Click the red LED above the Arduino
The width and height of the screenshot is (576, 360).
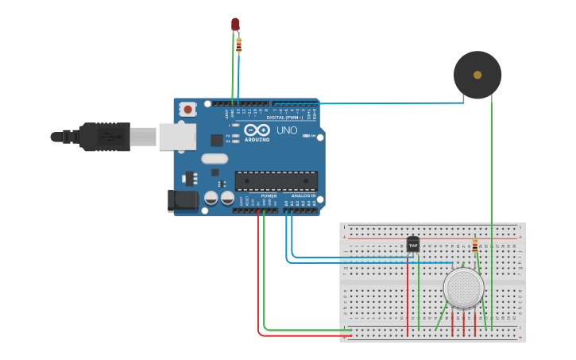click(x=235, y=24)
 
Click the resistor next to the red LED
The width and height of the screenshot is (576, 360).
click(x=239, y=45)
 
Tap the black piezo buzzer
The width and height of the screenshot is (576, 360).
click(x=477, y=75)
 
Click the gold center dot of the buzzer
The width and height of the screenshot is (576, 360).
click(x=477, y=75)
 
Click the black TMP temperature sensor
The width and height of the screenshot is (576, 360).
click(x=412, y=244)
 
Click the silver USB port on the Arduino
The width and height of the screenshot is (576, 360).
click(x=176, y=137)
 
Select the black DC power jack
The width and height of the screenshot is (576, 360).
click(x=182, y=200)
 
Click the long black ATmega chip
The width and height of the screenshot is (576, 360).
click(x=276, y=181)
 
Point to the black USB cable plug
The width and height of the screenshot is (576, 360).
click(x=104, y=137)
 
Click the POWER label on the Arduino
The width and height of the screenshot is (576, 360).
click(x=269, y=195)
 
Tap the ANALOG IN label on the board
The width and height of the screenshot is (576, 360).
click(x=303, y=195)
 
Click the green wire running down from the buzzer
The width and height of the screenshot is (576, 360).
click(x=492, y=207)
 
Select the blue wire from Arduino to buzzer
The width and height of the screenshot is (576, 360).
click(x=373, y=103)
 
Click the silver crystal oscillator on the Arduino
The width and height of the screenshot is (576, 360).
click(x=215, y=158)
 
